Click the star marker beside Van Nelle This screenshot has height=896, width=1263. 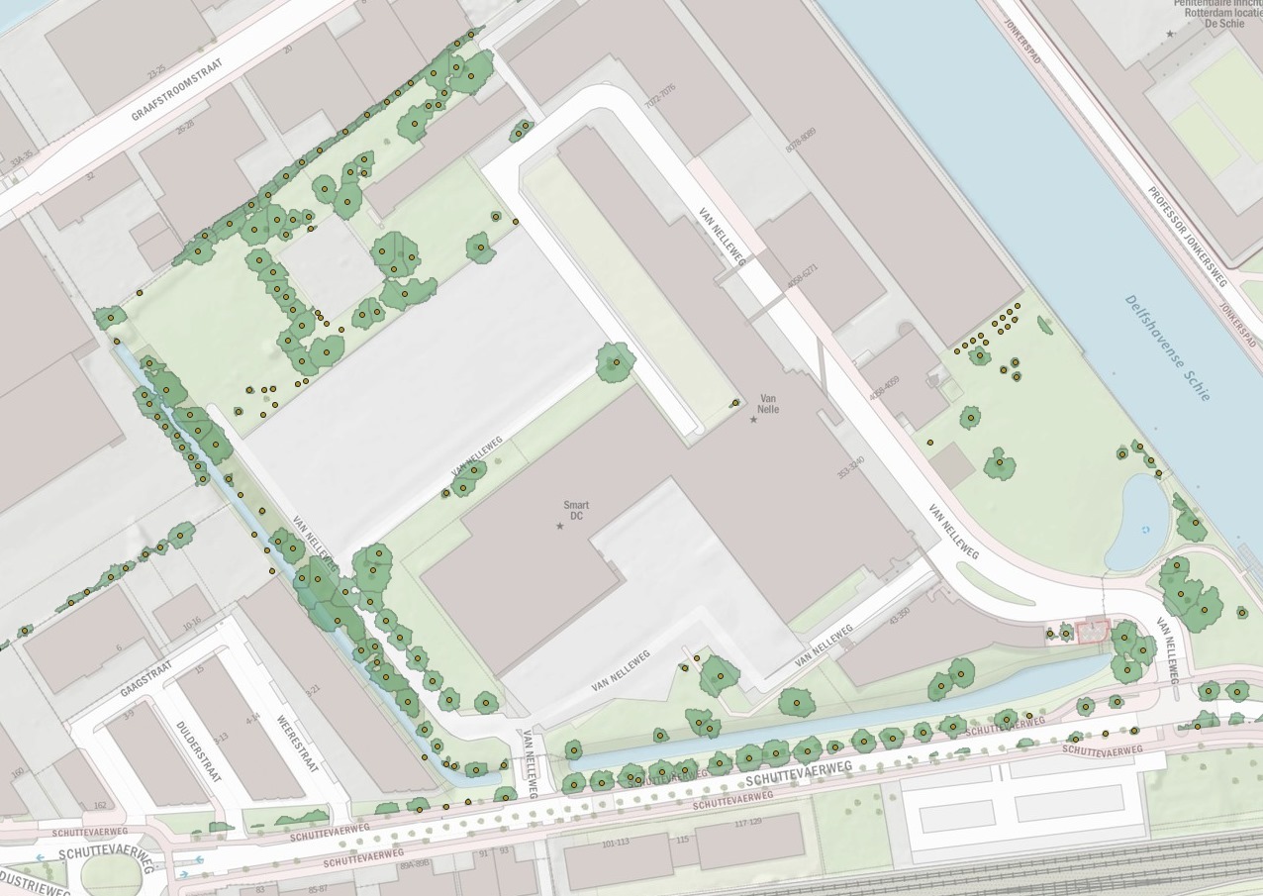[753, 420]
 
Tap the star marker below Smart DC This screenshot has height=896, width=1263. [560, 526]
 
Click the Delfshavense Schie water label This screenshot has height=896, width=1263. [1168, 347]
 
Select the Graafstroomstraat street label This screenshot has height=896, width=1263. [177, 90]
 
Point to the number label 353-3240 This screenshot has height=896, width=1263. [851, 467]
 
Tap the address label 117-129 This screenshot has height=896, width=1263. [747, 823]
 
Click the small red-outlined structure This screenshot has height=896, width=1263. [1093, 631]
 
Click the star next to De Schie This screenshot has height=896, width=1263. [1170, 34]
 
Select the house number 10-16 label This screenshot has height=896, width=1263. [192, 622]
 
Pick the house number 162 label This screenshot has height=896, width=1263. [99, 806]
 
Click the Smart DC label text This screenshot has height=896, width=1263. [575, 510]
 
